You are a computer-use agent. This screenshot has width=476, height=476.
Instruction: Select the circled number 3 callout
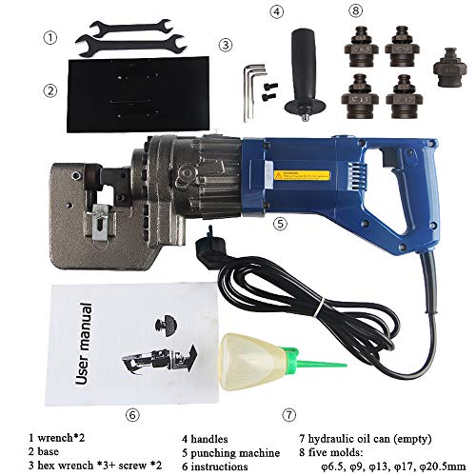[x=225, y=44]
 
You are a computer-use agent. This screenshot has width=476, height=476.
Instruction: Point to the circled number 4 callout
[x=277, y=11]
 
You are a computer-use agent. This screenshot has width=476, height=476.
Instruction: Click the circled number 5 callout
[x=279, y=224]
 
